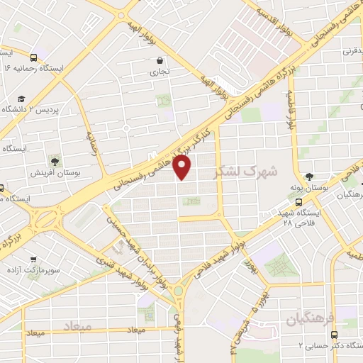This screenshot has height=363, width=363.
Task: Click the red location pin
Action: point(182,166)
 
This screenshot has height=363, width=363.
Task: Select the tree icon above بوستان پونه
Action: point(308,177)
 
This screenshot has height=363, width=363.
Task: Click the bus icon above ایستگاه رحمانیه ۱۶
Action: point(33,57)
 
